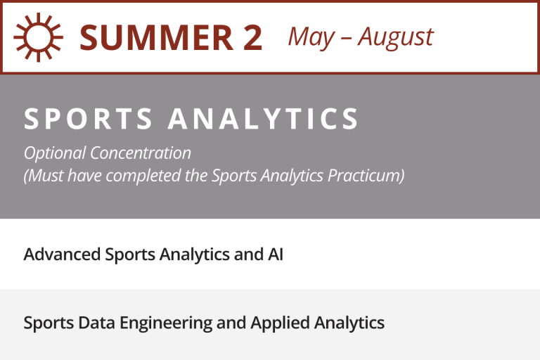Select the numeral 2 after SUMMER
[x=252, y=37]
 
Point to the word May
[x=311, y=37]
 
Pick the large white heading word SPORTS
[x=89, y=119]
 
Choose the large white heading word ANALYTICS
[x=264, y=119]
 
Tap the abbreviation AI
[x=275, y=254]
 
